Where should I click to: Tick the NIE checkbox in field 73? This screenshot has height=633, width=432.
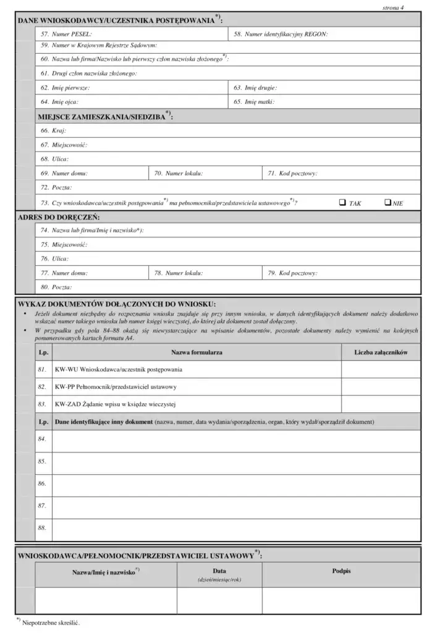tap(388, 202)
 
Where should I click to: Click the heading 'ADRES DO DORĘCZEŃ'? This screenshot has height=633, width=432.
tap(59, 218)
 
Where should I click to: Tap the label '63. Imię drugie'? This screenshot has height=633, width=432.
tap(255, 88)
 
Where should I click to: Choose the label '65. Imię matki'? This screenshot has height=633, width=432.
tap(254, 101)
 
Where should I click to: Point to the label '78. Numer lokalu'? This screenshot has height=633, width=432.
tap(179, 273)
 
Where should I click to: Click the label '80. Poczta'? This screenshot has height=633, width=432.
tap(56, 287)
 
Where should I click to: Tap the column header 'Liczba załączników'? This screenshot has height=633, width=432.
tap(379, 352)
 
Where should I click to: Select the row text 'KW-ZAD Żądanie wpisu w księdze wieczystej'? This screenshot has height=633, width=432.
tap(116, 404)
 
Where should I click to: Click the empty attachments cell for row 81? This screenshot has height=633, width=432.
tap(379, 370)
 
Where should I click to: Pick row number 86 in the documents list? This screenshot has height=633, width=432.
tap(43, 483)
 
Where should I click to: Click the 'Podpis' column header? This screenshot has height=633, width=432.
tap(341, 571)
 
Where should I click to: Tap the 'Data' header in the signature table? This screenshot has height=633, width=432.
tap(219, 571)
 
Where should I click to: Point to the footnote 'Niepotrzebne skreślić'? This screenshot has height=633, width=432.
tap(51, 622)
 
